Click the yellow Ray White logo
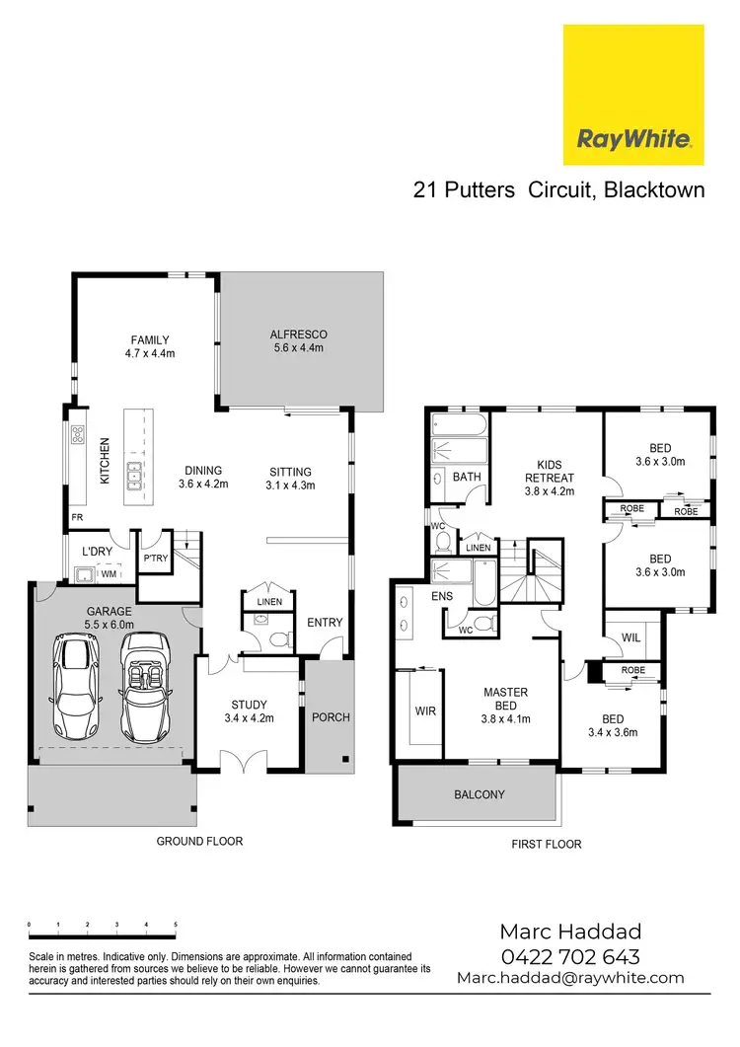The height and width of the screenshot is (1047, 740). pyautogui.click(x=633, y=96)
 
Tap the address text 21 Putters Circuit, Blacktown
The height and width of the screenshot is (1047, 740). pyautogui.click(x=558, y=189)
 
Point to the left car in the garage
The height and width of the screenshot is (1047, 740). pyautogui.click(x=76, y=682)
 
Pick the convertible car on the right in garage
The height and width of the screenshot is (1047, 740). pyautogui.click(x=145, y=682)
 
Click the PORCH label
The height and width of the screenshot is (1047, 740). pyautogui.click(x=331, y=716)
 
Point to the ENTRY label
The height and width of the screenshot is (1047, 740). pyautogui.click(x=325, y=623)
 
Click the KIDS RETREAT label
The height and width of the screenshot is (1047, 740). pyautogui.click(x=549, y=471)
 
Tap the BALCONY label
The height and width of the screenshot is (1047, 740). pyautogui.click(x=480, y=794)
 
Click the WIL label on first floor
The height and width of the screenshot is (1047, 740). pyautogui.click(x=631, y=639)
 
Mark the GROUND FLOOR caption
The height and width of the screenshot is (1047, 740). pyautogui.click(x=199, y=842)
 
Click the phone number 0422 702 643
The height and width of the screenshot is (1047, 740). pyautogui.click(x=570, y=956)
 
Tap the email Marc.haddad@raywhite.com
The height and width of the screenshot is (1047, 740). pyautogui.click(x=569, y=978)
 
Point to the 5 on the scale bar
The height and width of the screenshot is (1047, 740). pyautogui.click(x=176, y=925)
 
